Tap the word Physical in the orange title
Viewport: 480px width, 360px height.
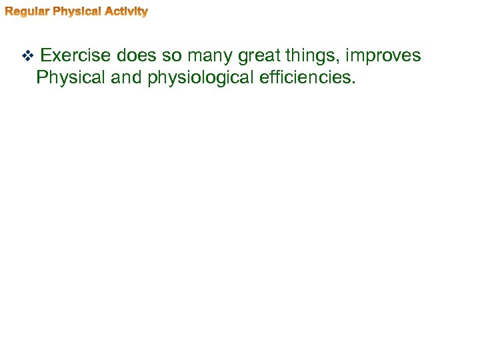point(75,11)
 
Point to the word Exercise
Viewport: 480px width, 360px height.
point(75,55)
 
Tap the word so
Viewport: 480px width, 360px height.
point(172,55)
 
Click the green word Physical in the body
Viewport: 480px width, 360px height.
point(71,78)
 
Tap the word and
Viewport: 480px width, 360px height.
point(125,78)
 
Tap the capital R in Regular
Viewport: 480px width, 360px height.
point(9,11)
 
